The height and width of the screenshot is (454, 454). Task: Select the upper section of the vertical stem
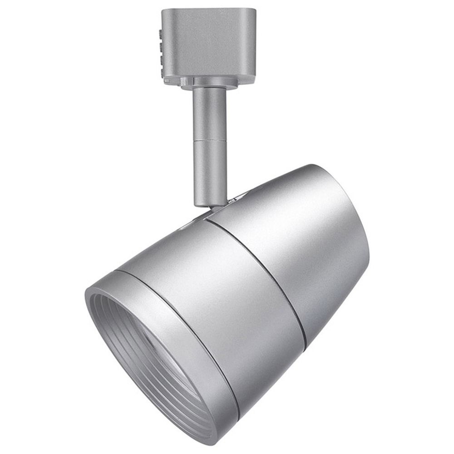pos(209,113)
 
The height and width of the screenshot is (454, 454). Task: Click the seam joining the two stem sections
pos(209,141)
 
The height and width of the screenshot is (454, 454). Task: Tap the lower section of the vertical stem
pos(209,173)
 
